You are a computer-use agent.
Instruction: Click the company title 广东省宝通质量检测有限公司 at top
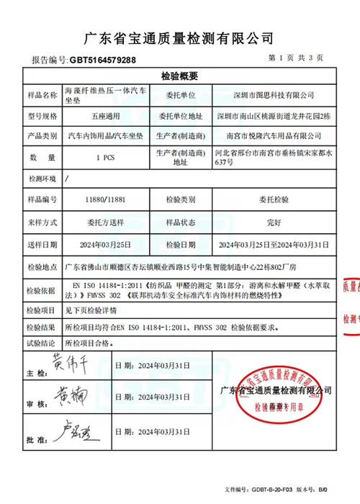pos(179,37)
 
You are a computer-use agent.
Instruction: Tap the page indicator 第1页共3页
pos(294,58)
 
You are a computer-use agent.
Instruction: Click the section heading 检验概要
pos(179,77)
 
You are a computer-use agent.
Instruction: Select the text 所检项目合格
pos(89,344)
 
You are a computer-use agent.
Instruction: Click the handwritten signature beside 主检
pos(68,362)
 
